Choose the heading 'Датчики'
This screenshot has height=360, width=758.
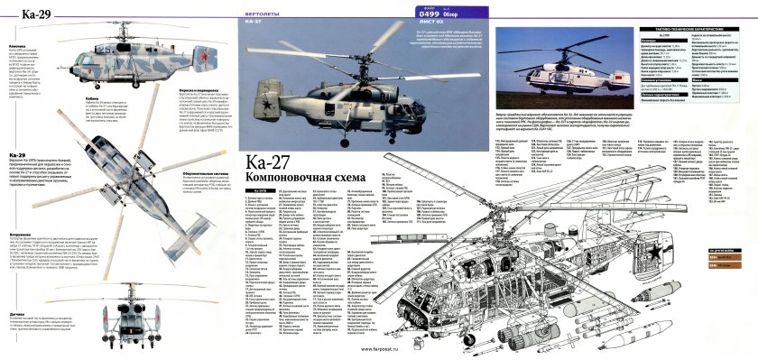pos(16,313)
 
